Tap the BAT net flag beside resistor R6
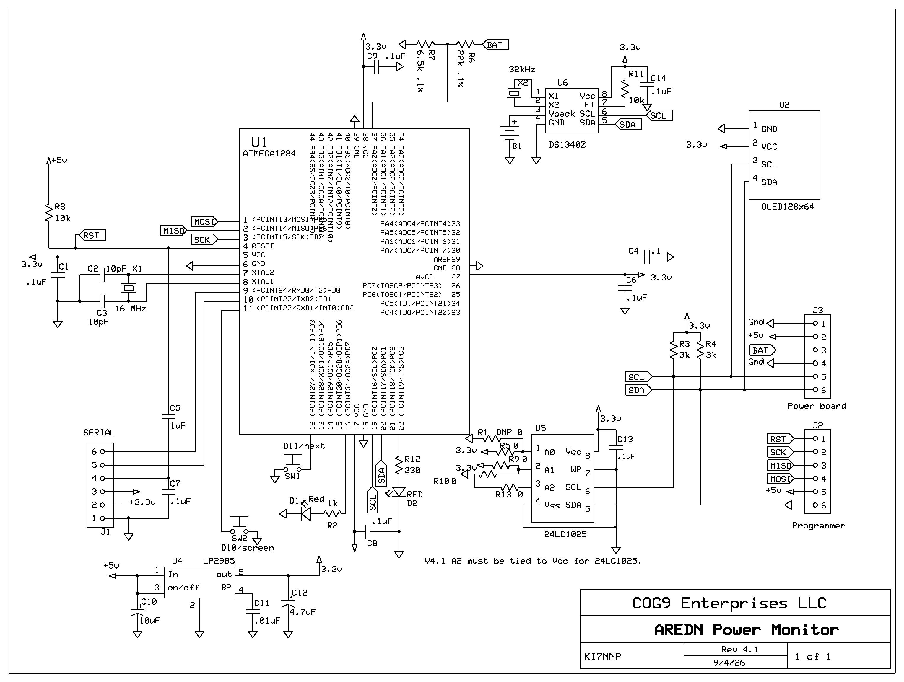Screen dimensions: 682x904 495,45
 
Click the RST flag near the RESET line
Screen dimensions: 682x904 92,235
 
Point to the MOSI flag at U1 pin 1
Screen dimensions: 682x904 204,222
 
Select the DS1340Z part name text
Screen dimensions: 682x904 567,145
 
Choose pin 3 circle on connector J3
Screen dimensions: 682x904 815,350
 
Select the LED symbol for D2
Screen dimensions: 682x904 399,492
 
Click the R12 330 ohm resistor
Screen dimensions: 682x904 399,465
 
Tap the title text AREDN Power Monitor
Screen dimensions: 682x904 746,629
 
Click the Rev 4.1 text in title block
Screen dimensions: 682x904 739,649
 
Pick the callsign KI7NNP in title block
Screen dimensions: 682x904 602,656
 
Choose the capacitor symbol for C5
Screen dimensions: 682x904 168,417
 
